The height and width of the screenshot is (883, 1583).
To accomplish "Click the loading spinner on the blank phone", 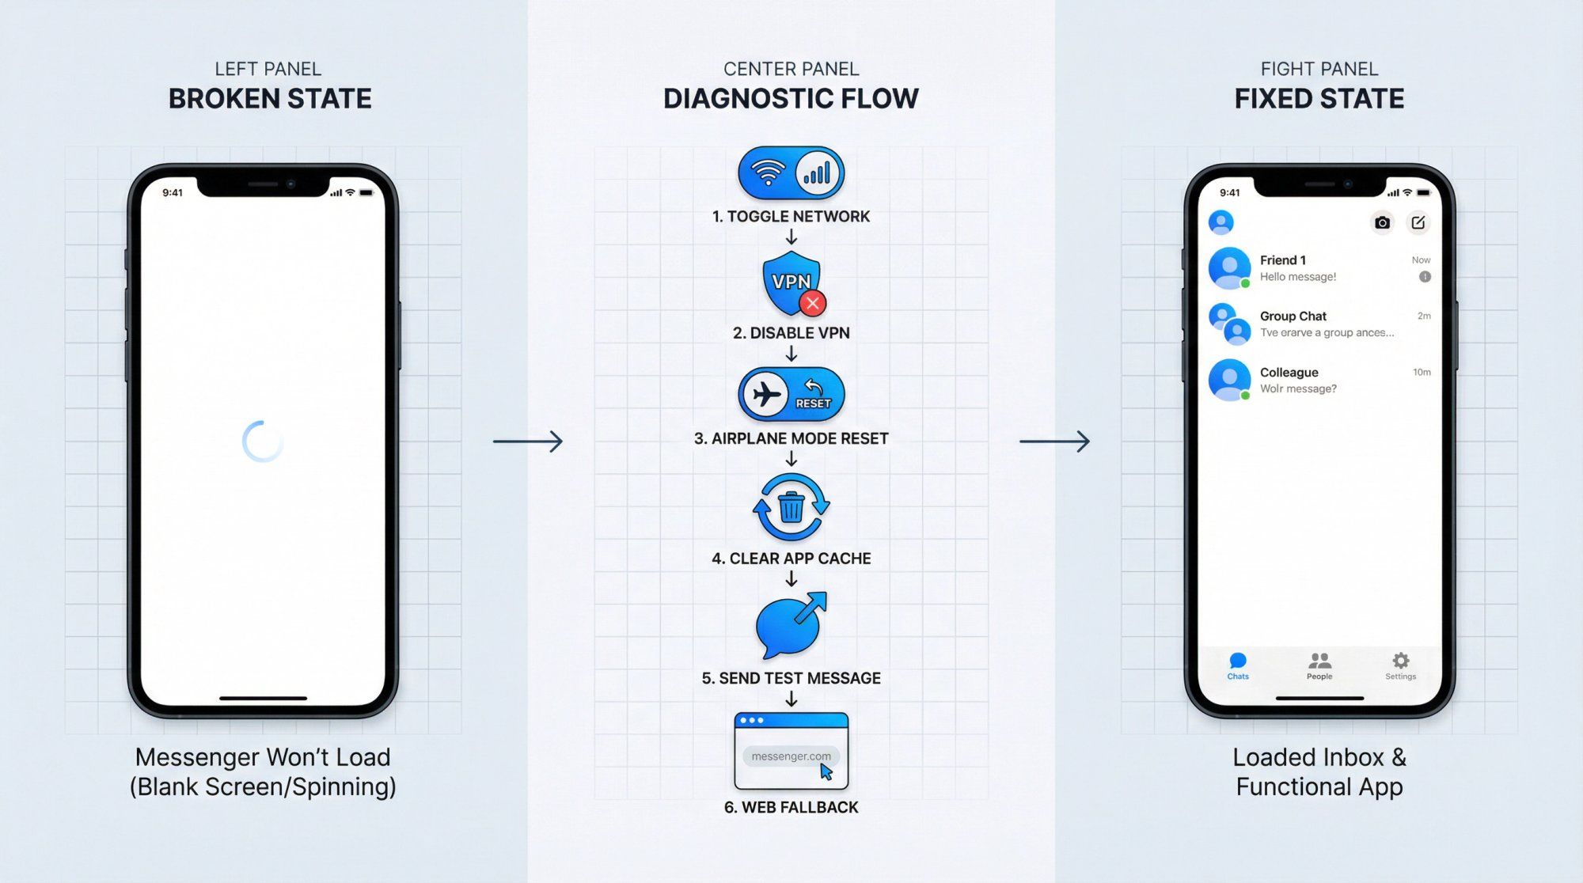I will click(263, 441).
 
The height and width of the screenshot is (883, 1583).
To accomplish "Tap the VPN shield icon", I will click(790, 282).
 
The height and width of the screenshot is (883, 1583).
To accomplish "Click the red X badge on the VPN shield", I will click(812, 303).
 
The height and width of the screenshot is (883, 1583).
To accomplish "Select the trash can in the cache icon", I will click(791, 506).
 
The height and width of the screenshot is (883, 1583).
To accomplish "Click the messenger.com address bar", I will click(791, 756).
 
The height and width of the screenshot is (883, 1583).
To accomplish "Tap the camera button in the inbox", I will click(1382, 223).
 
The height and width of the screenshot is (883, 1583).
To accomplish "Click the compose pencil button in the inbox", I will click(1418, 223).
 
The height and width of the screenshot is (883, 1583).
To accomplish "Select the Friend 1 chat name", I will click(1282, 260).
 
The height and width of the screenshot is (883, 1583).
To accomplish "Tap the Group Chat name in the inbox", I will click(1293, 316).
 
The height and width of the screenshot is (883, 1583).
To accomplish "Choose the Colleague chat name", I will click(1289, 373).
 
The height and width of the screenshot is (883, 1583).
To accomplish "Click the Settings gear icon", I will click(1400, 661).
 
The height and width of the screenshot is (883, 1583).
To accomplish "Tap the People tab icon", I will click(1319, 661).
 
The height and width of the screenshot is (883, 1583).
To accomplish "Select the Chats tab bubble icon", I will click(1238, 661).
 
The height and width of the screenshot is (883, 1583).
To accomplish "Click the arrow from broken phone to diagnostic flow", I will click(528, 441).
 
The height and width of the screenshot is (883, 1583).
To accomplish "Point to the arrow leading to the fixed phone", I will click(1054, 441).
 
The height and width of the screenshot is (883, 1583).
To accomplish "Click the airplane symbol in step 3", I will click(765, 393).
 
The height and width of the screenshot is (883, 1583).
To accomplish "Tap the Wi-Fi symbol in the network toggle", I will click(767, 172).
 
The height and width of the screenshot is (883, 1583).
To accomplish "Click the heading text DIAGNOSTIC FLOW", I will click(791, 99).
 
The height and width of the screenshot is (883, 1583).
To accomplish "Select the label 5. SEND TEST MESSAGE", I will click(791, 678).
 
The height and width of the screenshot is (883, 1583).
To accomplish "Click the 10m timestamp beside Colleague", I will click(1422, 373).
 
